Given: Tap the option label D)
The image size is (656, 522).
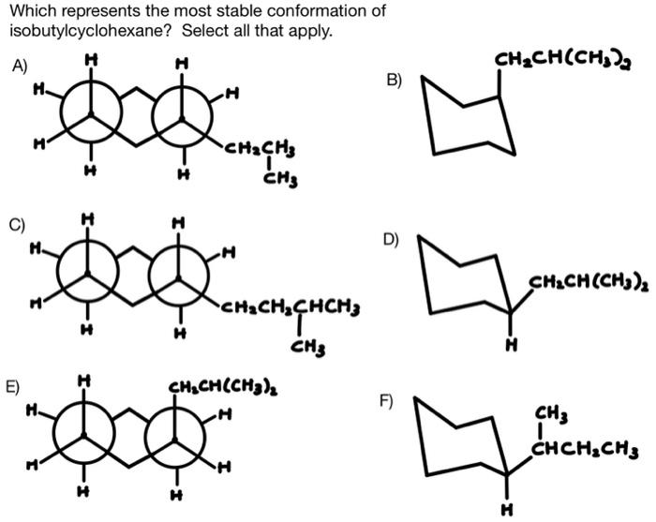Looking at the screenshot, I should coord(392,238).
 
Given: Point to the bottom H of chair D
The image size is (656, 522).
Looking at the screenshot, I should coord(509,343).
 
